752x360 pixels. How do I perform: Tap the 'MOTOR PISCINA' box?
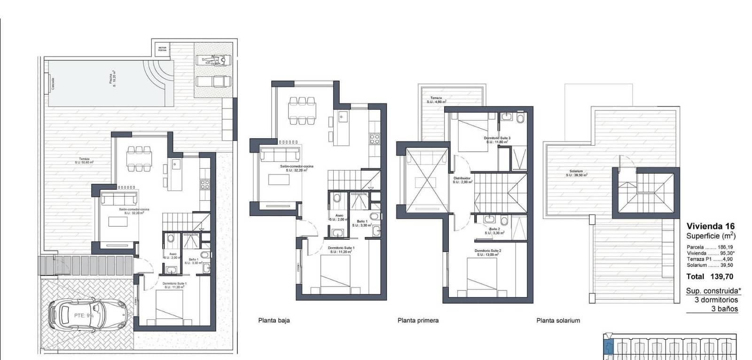coord(163,49)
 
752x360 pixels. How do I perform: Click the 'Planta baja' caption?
coord(274,321)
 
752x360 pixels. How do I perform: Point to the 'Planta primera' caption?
coord(418,321)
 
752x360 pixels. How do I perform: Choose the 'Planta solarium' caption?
coord(558,321)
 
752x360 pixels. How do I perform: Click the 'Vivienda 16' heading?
coord(710,226)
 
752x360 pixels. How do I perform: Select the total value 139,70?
coord(723,277)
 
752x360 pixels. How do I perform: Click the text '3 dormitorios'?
coord(716,300)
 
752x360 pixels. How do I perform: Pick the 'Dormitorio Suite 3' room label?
coord(497,140)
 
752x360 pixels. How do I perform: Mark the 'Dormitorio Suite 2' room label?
coord(487,252)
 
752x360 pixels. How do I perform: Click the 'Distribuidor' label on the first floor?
coord(462,180)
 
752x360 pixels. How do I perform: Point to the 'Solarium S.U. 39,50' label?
coord(576,173)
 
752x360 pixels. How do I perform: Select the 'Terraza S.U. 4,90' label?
coord(436,100)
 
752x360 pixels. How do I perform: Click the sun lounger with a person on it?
coord(213,60)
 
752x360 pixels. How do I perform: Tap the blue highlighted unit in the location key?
coord(608,347)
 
